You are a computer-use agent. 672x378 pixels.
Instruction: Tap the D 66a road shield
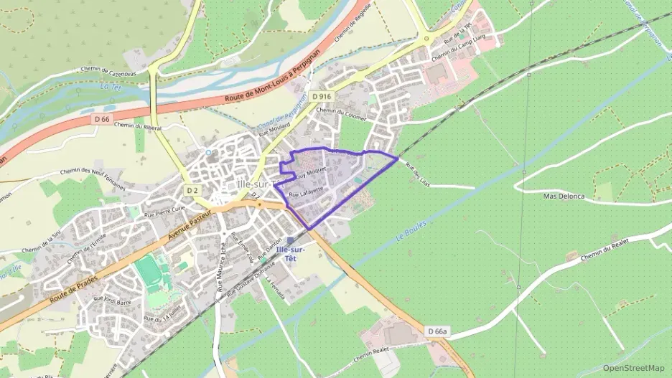pyautogui.click(x=437, y=331)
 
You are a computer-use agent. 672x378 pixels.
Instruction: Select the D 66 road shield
pyautogui.click(x=103, y=118)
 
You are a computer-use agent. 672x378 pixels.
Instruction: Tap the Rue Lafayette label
pyautogui.click(x=305, y=192)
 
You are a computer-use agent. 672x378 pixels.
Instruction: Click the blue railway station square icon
pyautogui.click(x=290, y=240)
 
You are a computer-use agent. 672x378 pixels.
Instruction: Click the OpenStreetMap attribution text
pyautogui.click(x=634, y=368)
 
